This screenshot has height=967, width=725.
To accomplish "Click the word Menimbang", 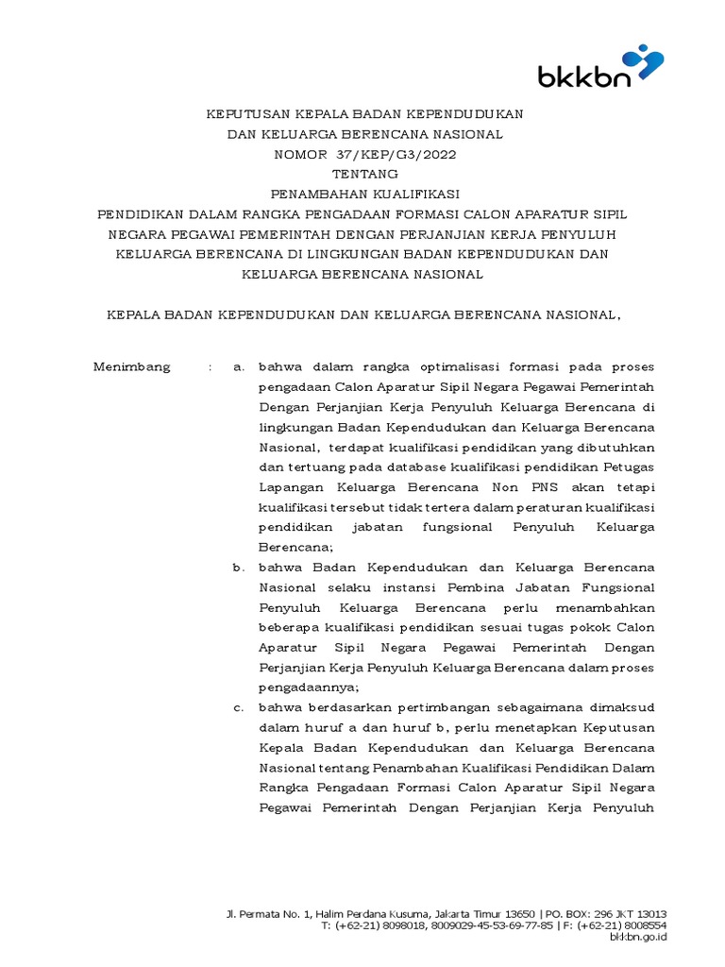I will (131, 367).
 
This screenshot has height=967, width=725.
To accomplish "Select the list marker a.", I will (239, 367).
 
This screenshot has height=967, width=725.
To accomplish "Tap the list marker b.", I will (239, 568).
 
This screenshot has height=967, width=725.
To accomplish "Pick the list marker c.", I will (239, 707).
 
